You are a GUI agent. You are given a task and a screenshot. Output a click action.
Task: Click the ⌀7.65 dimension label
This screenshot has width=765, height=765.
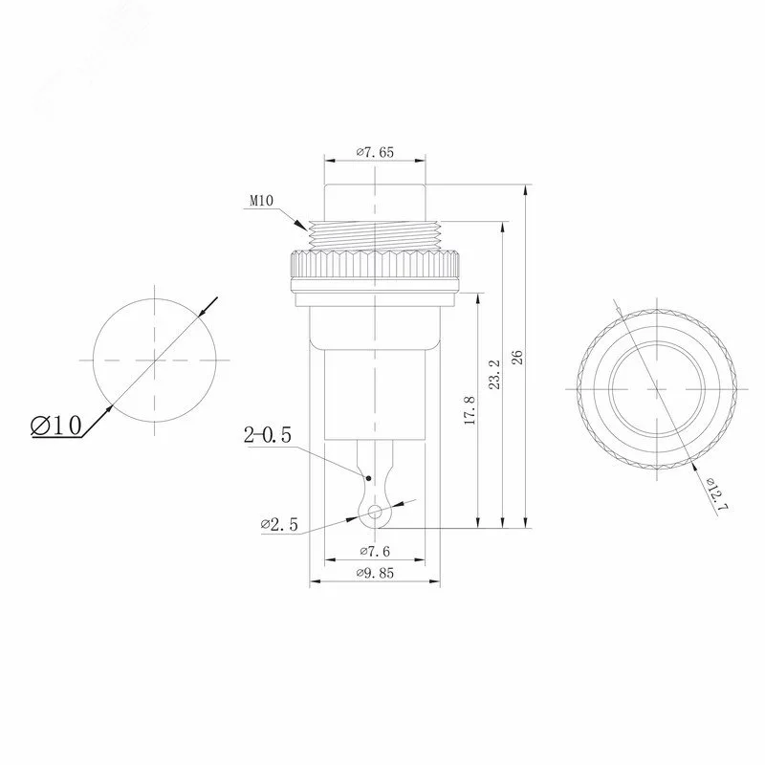click(374, 152)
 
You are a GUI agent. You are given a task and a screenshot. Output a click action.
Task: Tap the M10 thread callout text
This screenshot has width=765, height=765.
click(261, 201)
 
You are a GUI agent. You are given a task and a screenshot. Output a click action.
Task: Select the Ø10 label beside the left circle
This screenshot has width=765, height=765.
click(55, 426)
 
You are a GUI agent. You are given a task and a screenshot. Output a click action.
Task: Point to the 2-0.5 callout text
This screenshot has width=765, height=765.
click(268, 434)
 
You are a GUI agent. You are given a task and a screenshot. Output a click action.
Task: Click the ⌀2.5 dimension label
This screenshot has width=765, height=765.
click(279, 524)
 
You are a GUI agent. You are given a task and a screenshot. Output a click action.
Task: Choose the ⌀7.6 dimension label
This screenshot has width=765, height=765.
click(375, 552)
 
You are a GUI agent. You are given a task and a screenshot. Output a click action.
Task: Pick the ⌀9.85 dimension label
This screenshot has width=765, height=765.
click(375, 573)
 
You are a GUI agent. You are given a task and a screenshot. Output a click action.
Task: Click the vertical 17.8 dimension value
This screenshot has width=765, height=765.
click(470, 410)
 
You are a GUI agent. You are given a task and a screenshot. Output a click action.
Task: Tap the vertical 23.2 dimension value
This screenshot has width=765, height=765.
click(494, 375)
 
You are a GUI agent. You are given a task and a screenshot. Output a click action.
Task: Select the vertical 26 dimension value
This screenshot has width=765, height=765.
click(517, 357)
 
